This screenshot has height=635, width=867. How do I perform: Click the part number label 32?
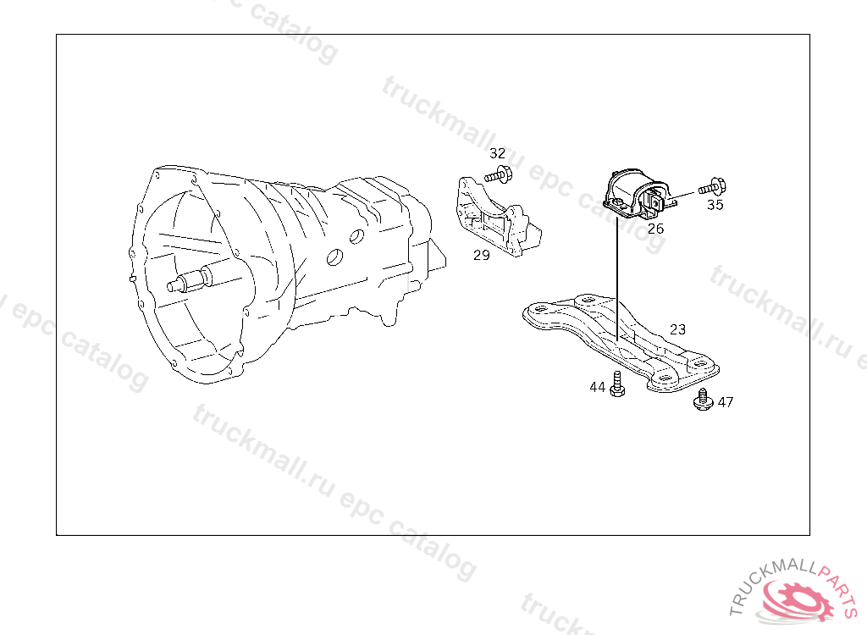pyautogui.click(x=497, y=153)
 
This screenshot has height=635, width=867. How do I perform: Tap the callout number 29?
pyautogui.click(x=481, y=255)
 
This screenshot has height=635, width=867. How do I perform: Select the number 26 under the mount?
pyautogui.click(x=655, y=228)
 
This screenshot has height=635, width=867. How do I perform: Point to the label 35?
pyautogui.click(x=715, y=205)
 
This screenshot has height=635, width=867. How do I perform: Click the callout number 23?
pyautogui.click(x=677, y=329)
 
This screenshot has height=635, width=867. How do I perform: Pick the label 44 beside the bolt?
pyautogui.click(x=598, y=387)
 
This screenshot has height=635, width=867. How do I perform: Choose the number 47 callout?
pyautogui.click(x=726, y=402)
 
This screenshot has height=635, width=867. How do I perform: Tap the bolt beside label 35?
pyautogui.click(x=713, y=186)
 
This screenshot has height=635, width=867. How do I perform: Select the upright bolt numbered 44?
pyautogui.click(x=617, y=385)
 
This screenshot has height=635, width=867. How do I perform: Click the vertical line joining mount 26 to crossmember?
pyautogui.click(x=618, y=271)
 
